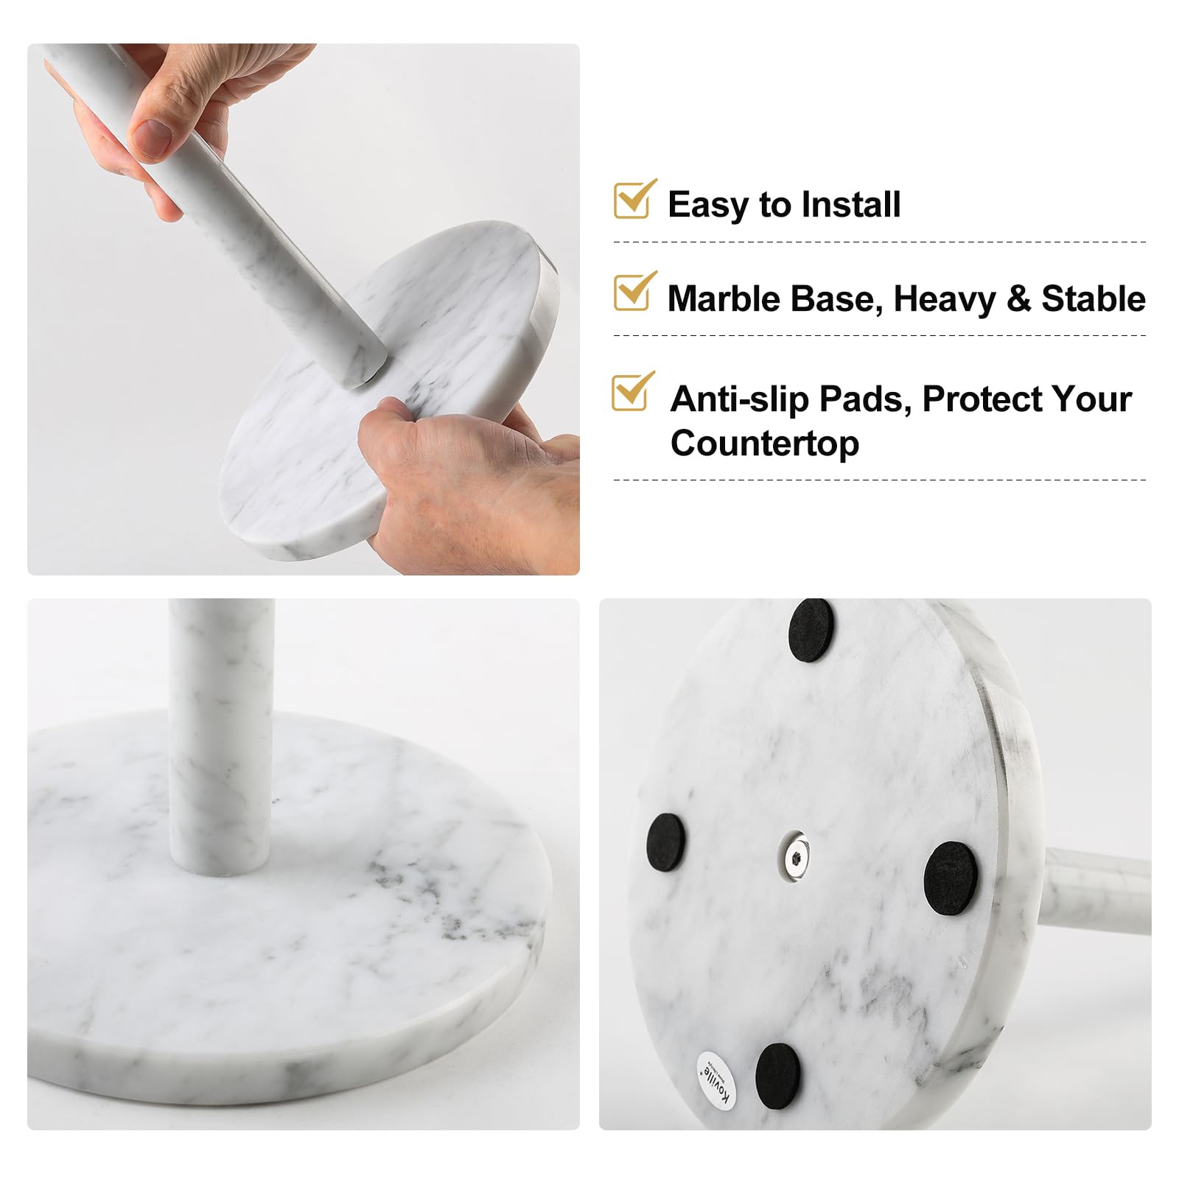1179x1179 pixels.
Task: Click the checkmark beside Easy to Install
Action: [x=633, y=200]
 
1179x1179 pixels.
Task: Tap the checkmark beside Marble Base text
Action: [x=633, y=293]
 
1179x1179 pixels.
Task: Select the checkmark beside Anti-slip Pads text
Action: [x=632, y=393]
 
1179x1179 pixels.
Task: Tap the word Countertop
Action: [x=764, y=444]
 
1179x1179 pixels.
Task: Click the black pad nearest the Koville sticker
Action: [x=777, y=1076]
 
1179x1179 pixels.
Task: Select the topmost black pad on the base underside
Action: [x=811, y=630]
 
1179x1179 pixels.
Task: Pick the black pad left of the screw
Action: [x=666, y=844]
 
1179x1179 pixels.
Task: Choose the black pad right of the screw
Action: [x=951, y=878]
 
